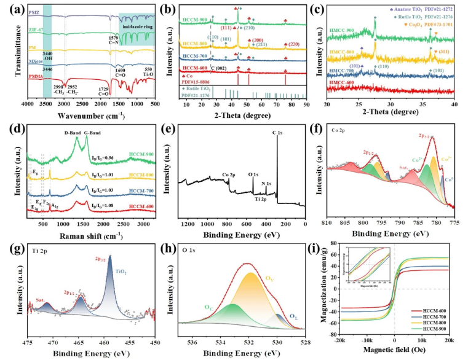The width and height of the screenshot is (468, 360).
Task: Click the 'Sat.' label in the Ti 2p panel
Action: coord(39,300)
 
